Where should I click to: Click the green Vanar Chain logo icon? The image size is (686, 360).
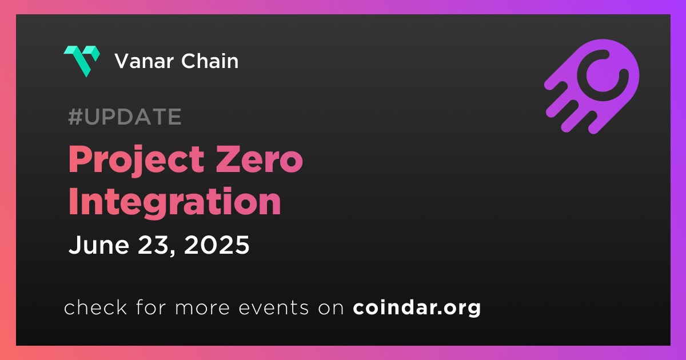[x=82, y=61]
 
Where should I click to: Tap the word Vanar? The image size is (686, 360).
[x=143, y=61]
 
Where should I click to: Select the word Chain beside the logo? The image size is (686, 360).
[x=210, y=61]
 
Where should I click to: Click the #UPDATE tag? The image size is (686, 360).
[x=125, y=117]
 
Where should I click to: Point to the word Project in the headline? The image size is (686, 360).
[x=136, y=161]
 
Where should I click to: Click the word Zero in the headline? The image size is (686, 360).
[x=260, y=159]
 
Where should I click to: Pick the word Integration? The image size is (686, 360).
[x=174, y=202]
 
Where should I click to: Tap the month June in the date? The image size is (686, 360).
[x=99, y=245]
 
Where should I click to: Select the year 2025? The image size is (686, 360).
[x=217, y=245]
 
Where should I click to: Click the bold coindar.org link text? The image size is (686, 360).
[x=417, y=307]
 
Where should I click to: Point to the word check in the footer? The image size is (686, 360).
[x=95, y=307]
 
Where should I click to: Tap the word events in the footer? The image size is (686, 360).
[x=273, y=307]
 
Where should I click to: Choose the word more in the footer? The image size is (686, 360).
[x=202, y=308]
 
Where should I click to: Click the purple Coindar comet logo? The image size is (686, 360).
[x=592, y=86]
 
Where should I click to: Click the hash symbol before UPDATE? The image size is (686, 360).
[x=75, y=117]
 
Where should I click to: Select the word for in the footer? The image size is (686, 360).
[x=151, y=307]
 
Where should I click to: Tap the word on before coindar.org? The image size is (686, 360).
[x=331, y=308]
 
